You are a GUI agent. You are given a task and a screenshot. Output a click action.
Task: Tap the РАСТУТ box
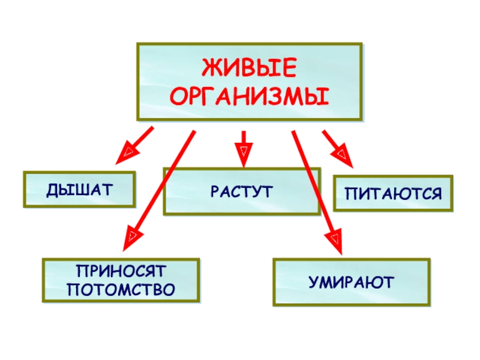[242, 191]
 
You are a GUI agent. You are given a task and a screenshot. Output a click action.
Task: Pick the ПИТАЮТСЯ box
[393, 194]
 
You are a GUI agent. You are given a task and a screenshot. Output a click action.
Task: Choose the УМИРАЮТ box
[352, 281]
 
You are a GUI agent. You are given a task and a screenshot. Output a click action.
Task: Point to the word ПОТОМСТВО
[121, 290]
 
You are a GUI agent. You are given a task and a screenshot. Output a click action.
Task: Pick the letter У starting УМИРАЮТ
[314, 281]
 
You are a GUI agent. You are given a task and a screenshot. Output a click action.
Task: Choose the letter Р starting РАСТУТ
[214, 191]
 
